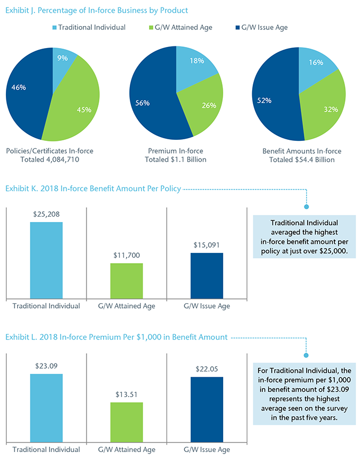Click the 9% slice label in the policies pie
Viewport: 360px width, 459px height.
click(63, 58)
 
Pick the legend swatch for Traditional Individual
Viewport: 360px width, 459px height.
click(54, 27)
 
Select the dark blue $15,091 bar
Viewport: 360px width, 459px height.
click(207, 275)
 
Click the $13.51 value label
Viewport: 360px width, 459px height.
click(127, 394)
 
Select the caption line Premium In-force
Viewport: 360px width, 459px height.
click(176, 151)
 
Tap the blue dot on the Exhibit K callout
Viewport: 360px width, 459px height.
click(307, 207)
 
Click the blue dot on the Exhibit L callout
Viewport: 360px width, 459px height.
click(307, 355)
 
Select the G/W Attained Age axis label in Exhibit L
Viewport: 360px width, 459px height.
click(127, 449)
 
